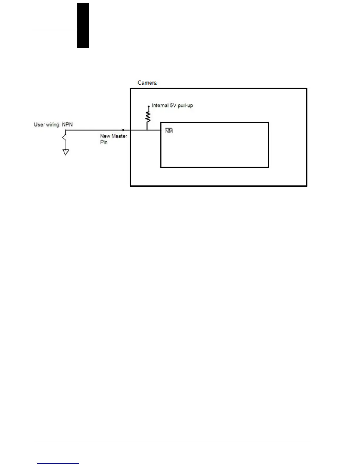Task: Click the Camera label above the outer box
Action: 147,83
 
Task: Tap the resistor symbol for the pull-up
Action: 148,117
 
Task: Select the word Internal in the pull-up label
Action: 160,105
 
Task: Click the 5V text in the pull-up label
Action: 173,105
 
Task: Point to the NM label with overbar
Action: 169,131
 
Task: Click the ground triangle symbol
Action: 66,152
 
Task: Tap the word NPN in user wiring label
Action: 67,124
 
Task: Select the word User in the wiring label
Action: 39,124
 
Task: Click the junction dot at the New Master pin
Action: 123,130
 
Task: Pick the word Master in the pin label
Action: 119,136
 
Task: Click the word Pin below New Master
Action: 104,142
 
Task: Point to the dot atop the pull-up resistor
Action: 149,106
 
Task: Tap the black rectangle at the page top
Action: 83,26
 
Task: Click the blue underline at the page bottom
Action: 58,463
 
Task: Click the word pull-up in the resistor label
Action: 185,105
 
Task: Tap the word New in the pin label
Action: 105,136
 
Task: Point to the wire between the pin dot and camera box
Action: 127,130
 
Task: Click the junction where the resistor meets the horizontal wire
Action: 147,130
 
